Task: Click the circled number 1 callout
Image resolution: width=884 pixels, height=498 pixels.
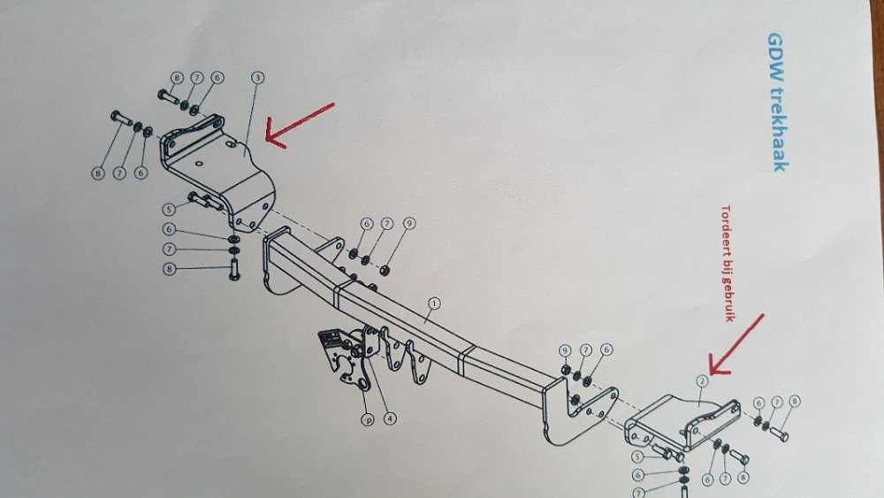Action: (433, 304)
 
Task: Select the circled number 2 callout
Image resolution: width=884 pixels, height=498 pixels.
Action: (702, 381)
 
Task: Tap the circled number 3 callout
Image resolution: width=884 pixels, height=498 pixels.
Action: (257, 77)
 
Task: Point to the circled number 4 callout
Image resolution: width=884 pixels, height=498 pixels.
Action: (390, 418)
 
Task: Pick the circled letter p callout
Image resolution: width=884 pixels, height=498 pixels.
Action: (368, 419)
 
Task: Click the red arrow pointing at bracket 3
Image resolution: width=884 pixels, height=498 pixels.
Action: (300, 126)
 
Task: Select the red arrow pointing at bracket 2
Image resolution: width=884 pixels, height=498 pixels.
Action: (736, 344)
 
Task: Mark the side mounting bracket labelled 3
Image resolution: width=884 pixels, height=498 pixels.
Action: (218, 169)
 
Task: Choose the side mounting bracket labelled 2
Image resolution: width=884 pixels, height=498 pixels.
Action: (683, 421)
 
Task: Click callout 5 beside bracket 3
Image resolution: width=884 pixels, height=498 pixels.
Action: (169, 210)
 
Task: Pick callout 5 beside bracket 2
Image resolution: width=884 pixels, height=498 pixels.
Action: (637, 456)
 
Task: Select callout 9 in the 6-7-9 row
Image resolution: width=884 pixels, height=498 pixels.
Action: (409, 223)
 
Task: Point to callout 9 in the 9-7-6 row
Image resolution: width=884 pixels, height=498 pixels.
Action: (566, 350)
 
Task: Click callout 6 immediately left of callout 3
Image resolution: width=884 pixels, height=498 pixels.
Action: (217, 77)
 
